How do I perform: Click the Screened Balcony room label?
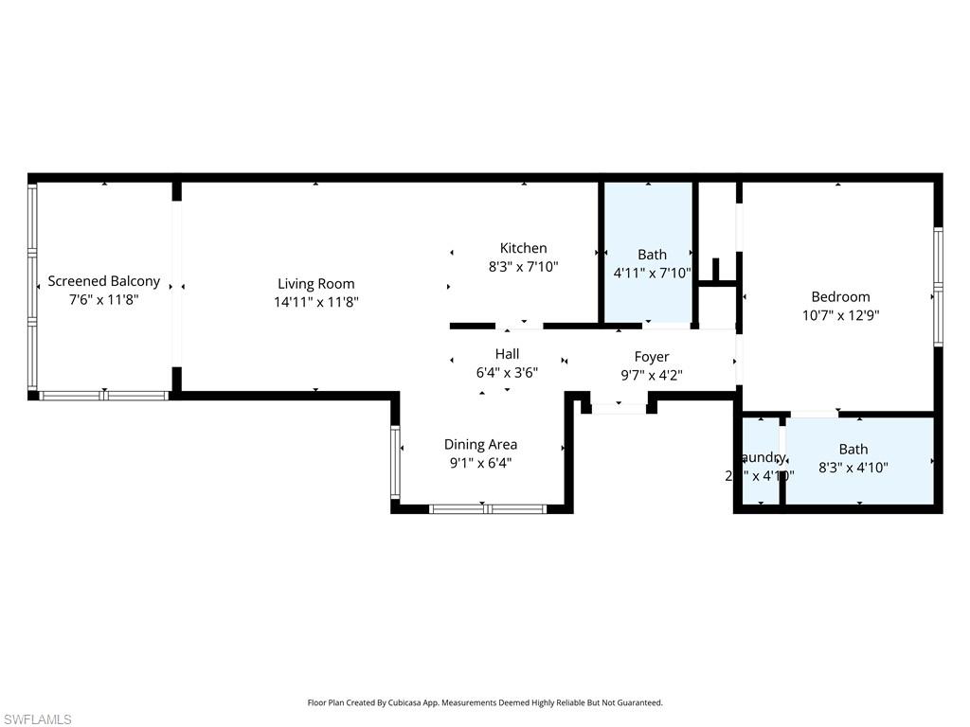click(x=103, y=281)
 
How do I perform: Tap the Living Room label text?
click(x=315, y=283)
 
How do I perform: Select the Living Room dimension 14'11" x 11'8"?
click(x=315, y=302)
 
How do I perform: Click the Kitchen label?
click(x=523, y=248)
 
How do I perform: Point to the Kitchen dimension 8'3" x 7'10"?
click(x=523, y=267)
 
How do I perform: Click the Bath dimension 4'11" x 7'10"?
click(x=652, y=273)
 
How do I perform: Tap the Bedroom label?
click(x=840, y=296)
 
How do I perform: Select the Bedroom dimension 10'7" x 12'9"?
click(x=840, y=315)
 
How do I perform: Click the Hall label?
click(x=507, y=354)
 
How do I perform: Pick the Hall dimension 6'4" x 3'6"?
click(x=507, y=373)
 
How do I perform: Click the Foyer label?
click(x=651, y=357)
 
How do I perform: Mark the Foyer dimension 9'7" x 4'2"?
click(x=651, y=375)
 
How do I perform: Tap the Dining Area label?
click(x=480, y=444)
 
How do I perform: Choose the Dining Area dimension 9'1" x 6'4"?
click(x=480, y=463)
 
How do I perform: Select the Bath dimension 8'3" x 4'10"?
click(x=853, y=467)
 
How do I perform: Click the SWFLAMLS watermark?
click(x=38, y=719)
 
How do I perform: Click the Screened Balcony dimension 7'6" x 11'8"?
click(x=103, y=300)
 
